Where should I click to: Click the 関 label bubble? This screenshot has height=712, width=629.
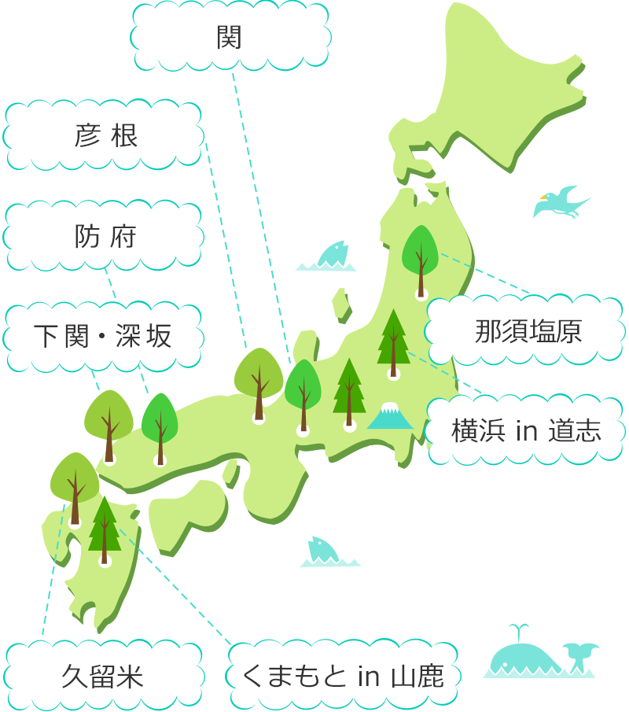point(229,37)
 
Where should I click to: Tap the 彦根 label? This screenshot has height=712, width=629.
point(107,136)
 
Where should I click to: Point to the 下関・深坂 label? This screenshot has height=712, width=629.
point(103,336)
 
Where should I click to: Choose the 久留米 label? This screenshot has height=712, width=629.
point(103,676)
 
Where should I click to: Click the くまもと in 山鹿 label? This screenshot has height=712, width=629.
point(344,676)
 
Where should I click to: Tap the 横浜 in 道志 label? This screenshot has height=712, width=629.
point(526,430)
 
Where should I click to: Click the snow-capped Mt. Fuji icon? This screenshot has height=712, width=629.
point(389,416)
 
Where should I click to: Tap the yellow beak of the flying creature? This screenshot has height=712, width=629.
point(542,197)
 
